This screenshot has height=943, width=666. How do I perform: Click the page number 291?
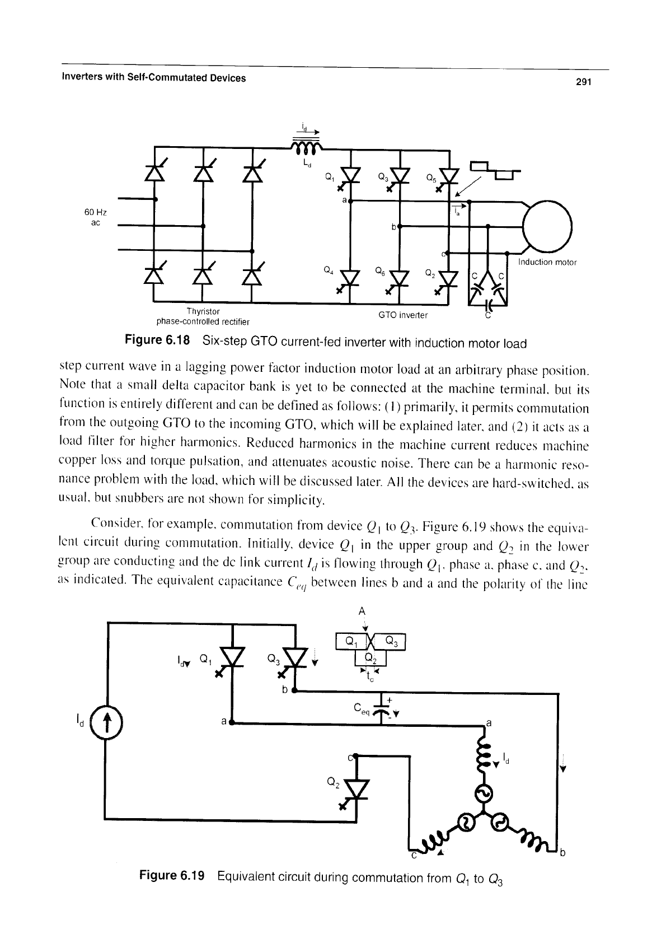[x=584, y=82]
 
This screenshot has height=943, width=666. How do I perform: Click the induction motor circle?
[x=547, y=226]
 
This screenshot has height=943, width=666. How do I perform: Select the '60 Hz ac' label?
[x=96, y=217]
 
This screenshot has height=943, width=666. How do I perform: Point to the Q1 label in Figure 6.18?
[x=330, y=178]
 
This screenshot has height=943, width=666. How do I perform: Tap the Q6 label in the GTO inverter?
[x=381, y=272]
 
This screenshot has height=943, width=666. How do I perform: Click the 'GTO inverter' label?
[x=402, y=315]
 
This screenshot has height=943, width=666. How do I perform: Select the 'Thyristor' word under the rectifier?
[x=203, y=311]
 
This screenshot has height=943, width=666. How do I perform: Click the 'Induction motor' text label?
[x=547, y=262]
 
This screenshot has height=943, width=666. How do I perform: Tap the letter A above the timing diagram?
[x=362, y=611]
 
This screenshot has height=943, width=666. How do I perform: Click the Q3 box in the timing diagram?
[x=390, y=641]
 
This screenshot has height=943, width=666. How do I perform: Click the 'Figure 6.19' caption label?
[x=172, y=876]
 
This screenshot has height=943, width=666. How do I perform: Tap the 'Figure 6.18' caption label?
[x=157, y=340]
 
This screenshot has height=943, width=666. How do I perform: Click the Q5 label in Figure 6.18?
[x=431, y=178]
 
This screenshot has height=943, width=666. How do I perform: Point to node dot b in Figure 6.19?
[x=294, y=690]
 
